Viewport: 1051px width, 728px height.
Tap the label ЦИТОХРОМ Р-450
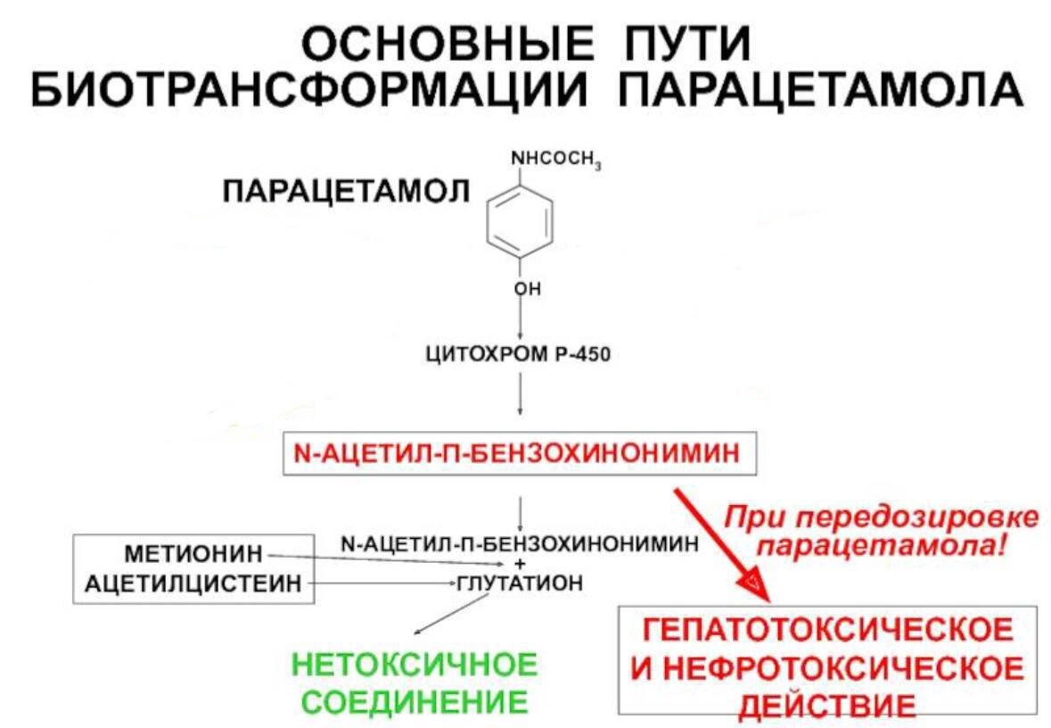520,356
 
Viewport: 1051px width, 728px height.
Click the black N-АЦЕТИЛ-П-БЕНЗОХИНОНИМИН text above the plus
521,542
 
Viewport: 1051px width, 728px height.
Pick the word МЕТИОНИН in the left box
194,554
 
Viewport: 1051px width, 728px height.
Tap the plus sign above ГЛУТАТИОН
520,564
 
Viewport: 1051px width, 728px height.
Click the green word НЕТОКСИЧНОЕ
415,666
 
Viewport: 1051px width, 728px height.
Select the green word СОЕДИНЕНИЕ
415,700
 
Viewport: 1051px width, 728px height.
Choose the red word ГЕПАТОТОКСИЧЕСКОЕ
828,630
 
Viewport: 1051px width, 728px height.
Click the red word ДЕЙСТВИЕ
828,705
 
